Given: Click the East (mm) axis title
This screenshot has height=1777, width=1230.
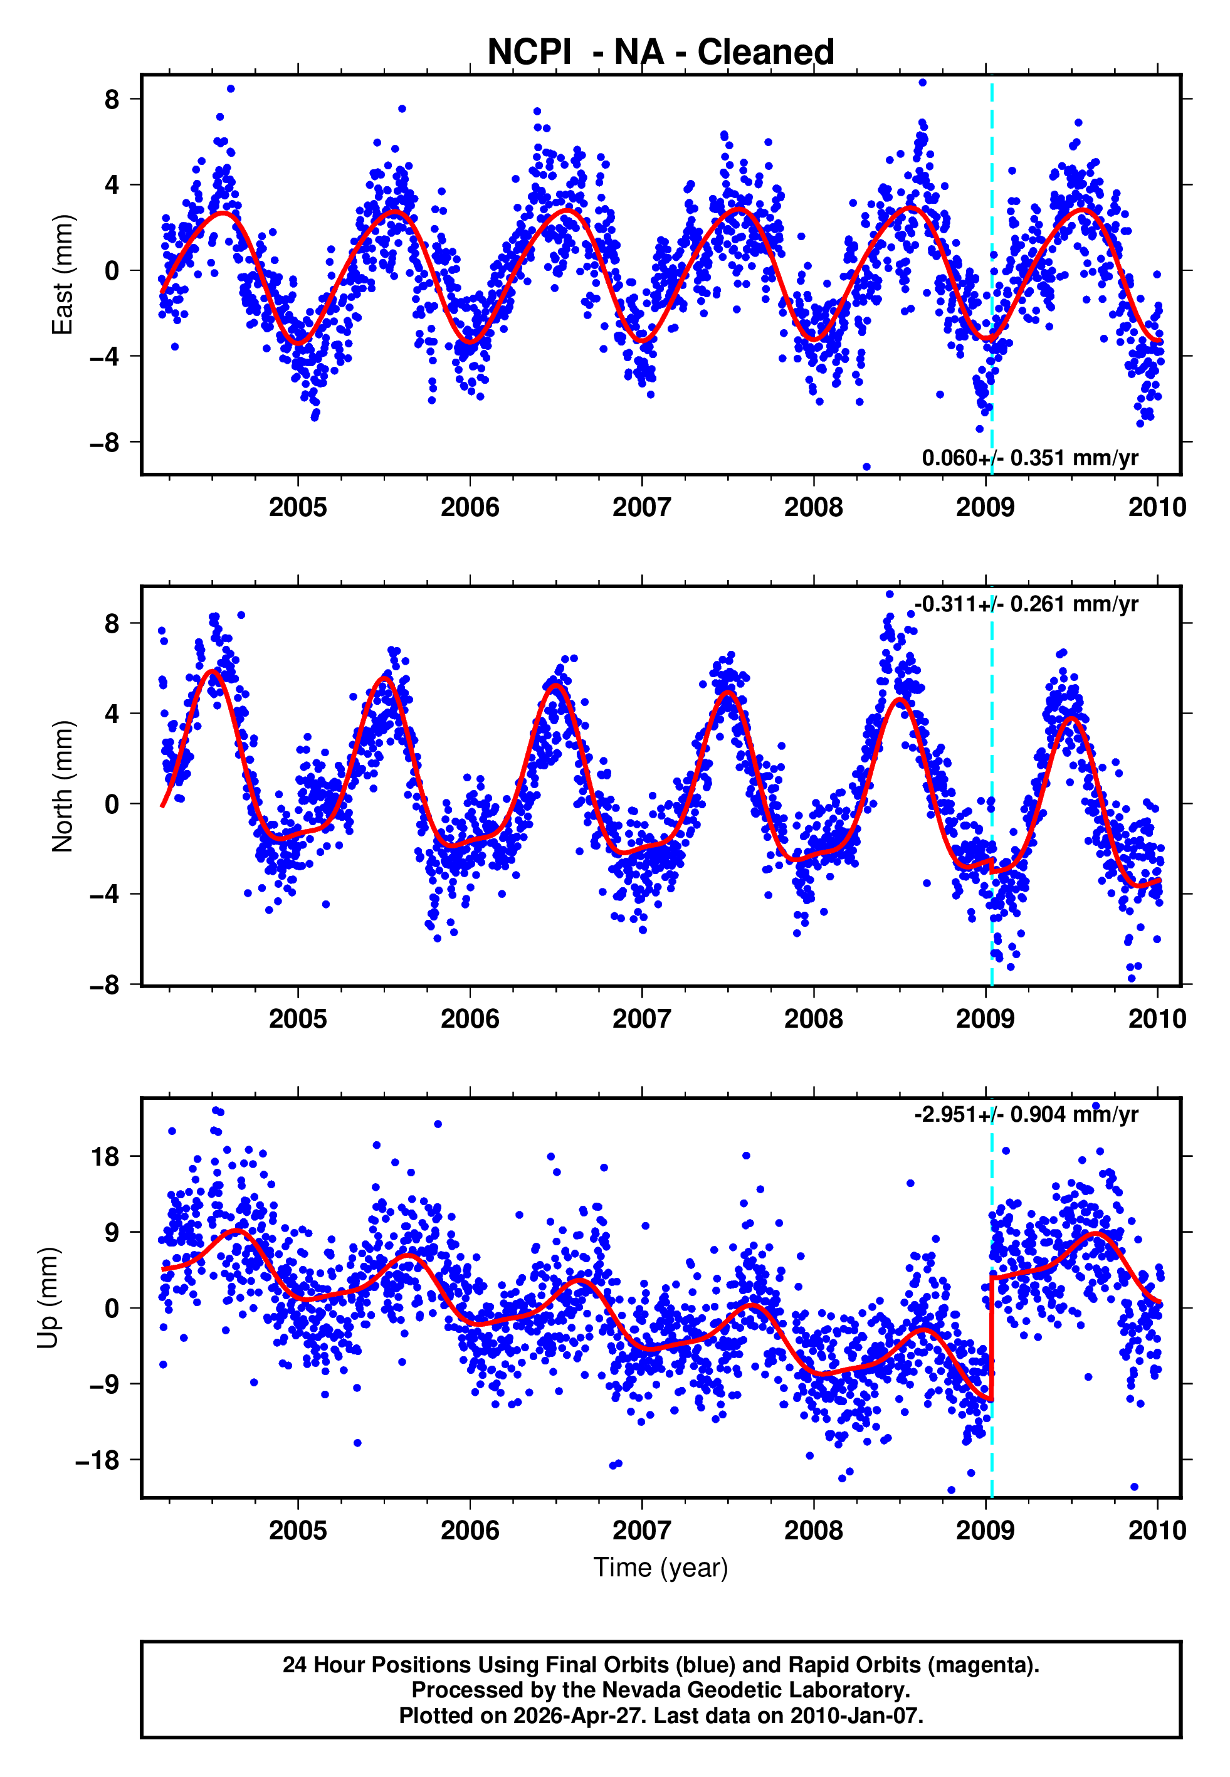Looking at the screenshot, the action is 61,275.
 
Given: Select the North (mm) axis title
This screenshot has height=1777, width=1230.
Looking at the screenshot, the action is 61,786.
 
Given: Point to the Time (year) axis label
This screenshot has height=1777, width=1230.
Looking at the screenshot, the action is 661,1568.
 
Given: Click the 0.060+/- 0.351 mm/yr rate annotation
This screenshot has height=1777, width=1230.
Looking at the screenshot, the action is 1029,458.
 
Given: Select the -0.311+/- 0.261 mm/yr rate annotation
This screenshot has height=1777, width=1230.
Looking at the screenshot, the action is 1026,604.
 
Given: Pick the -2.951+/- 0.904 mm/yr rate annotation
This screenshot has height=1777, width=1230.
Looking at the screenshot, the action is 1026,1114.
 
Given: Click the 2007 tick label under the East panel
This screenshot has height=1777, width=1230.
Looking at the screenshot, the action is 641,507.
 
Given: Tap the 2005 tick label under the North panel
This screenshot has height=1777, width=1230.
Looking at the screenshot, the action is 298,1019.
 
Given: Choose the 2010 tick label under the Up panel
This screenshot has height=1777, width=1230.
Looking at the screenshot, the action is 1157,1531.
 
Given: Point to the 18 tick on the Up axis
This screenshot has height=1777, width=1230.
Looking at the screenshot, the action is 105,1157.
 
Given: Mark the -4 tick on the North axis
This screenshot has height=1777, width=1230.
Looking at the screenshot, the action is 105,895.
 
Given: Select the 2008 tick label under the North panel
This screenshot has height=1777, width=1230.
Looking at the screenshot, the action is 814,1019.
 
